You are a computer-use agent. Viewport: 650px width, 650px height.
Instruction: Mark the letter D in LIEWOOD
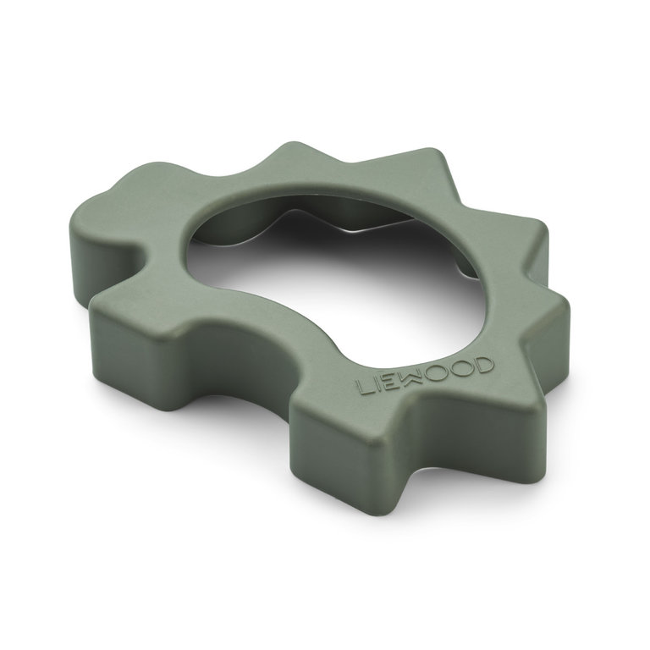click(x=482, y=365)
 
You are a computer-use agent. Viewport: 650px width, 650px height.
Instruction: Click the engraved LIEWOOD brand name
click(x=426, y=377)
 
